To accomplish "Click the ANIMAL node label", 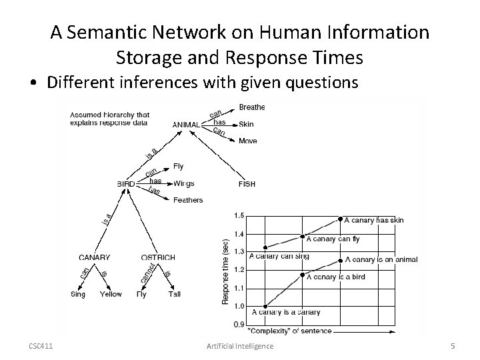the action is coord(185,125).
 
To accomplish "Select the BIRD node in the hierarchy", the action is coord(126,184).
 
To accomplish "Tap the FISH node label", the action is coord(247,184).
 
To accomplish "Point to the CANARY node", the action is coord(94,257).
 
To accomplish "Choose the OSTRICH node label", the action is coord(158,257).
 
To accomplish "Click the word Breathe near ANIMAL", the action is coord(251,107).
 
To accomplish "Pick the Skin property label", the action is coord(246,124).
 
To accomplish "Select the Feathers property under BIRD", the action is coord(188,200).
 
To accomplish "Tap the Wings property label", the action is coord(183,183).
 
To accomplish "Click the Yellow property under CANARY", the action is coord(111,294).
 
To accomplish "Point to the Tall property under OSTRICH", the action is coord(174,294).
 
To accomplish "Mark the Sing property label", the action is coord(78,294).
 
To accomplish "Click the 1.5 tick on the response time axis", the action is coord(239,215).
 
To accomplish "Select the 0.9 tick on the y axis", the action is coord(239,325).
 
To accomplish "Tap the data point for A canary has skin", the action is coord(341,219).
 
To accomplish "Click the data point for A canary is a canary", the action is coord(266,306).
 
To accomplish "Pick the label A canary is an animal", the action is coord(381,260).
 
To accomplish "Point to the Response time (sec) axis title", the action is coord(225,271).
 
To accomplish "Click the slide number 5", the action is coord(453,345).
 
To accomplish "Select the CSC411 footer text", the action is coord(41,345).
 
